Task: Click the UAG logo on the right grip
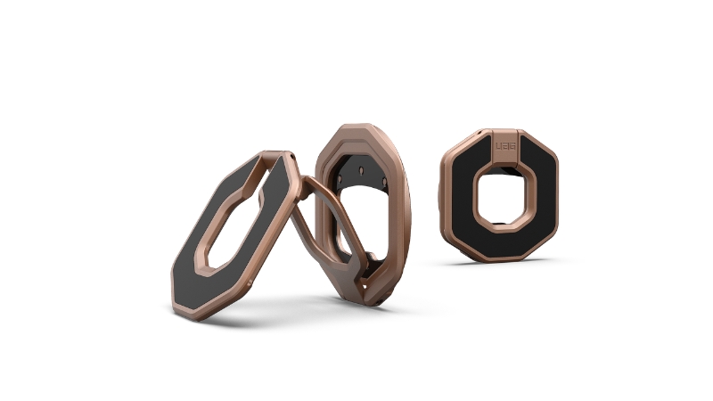point(505,146)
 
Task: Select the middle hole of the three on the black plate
point(361,171)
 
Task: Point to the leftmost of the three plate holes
point(340,176)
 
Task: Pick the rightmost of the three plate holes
point(384,182)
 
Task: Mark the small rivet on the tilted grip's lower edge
point(250,282)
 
